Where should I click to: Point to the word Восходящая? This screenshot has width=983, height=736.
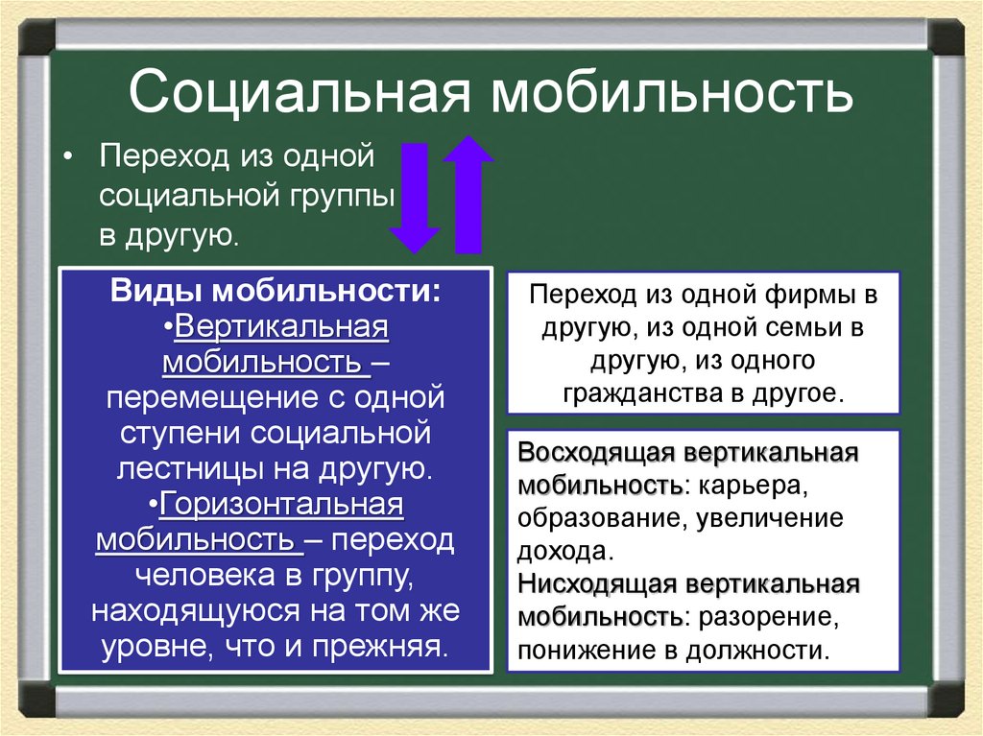(593, 453)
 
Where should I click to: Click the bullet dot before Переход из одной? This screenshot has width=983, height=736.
(68, 155)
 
